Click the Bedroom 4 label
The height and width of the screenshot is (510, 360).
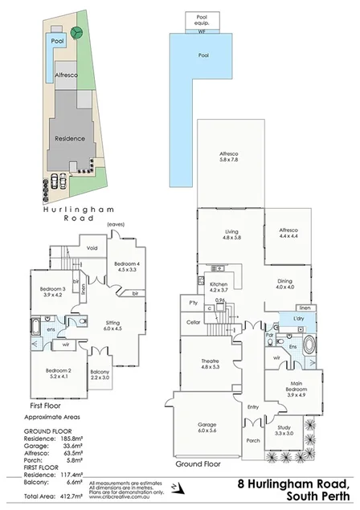click(127, 267)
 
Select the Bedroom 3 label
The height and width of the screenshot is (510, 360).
click(52, 292)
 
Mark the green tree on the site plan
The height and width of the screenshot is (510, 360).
click(76, 33)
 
